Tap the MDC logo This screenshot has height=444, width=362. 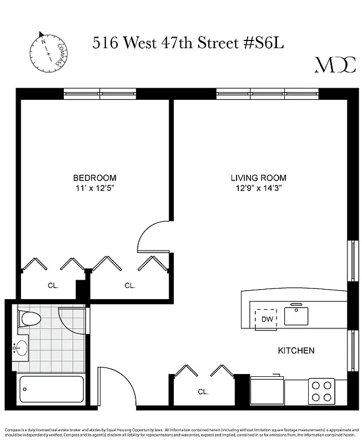[335, 65]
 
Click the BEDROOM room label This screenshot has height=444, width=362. [95, 178]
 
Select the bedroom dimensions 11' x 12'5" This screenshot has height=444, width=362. [95, 188]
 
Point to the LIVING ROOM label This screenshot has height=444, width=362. [259, 178]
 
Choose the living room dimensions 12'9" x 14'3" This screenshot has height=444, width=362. [259, 188]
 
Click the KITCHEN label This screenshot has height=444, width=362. [296, 350]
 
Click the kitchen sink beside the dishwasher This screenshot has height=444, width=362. [296, 315]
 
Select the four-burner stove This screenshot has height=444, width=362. [321, 391]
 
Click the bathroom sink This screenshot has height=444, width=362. [21, 349]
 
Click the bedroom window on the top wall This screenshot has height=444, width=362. [100, 94]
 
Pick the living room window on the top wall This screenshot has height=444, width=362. [267, 94]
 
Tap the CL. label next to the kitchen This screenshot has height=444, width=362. [203, 391]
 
